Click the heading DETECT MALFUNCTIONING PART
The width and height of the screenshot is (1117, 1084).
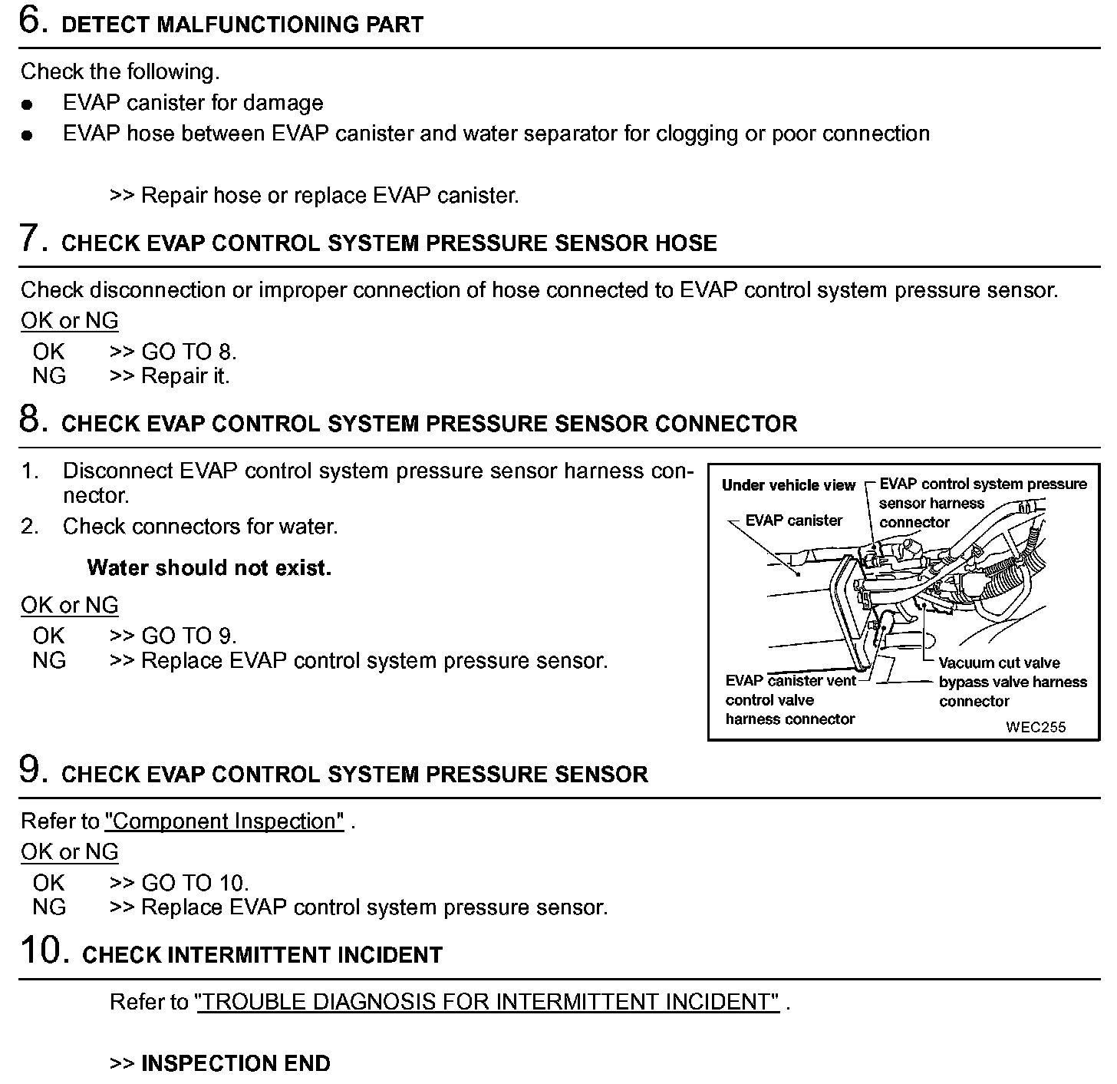coord(242,25)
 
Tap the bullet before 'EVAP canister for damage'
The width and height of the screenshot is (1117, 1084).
coord(28,104)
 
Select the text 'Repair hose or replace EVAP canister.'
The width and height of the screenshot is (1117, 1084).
coord(330,196)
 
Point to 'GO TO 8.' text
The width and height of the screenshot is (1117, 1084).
coord(189,352)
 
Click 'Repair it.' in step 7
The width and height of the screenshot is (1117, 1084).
coord(186,376)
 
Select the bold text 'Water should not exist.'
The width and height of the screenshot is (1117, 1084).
coord(209,568)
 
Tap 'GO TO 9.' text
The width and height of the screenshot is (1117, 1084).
coord(189,636)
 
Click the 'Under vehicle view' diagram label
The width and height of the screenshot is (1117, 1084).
coord(788,485)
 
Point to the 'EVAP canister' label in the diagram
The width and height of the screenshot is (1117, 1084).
coord(793,521)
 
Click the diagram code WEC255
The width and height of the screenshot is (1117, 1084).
coord(1036,727)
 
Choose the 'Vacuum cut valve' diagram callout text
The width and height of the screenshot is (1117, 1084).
coord(999,663)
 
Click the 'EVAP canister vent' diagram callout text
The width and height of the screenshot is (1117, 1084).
coord(790,681)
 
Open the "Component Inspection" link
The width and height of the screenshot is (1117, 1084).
coord(224,821)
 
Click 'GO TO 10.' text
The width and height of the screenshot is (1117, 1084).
coord(195,883)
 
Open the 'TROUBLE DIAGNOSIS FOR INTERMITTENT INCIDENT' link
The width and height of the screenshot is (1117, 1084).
coord(488,1002)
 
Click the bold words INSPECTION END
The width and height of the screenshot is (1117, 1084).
coord(236,1063)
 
